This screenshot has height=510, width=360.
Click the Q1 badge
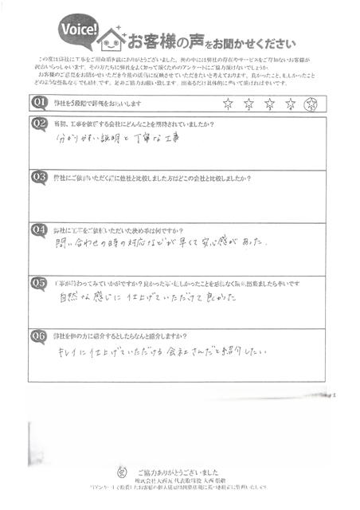pyautogui.click(x=38, y=103)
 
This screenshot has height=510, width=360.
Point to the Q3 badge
pyautogui.click(x=38, y=176)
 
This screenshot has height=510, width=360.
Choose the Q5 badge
pyautogui.click(x=38, y=281)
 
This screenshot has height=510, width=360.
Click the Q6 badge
pyautogui.click(x=38, y=335)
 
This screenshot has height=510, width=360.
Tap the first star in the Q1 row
pyautogui.click(x=229, y=104)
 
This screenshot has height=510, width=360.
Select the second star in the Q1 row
pyautogui.click(x=249, y=104)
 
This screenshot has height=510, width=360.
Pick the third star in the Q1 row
pyautogui.click(x=271, y=104)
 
